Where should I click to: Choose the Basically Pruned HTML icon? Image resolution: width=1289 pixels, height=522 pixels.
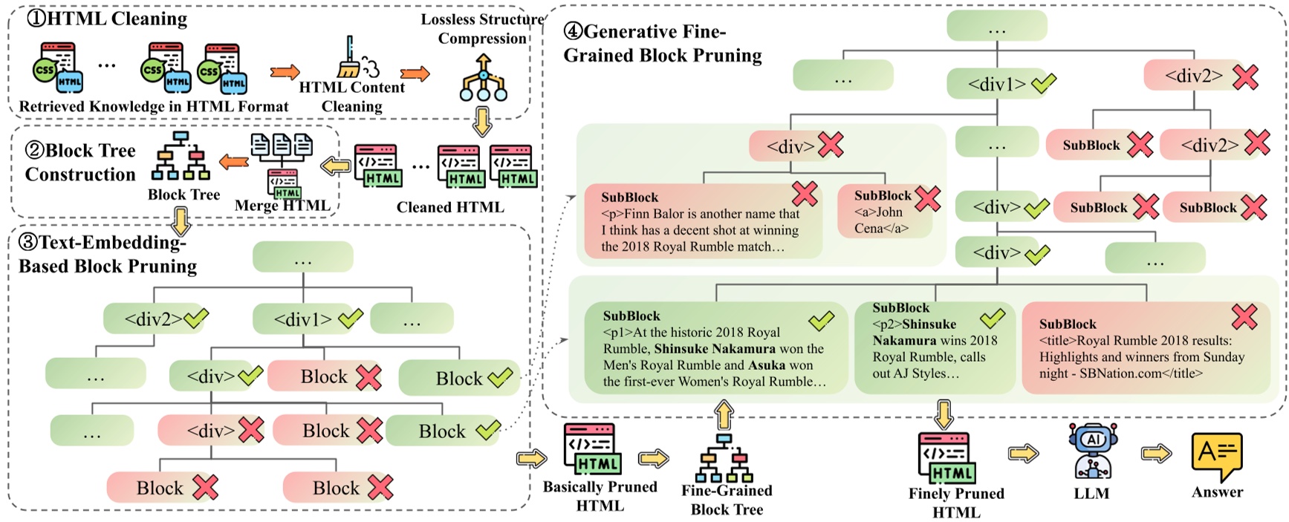592,448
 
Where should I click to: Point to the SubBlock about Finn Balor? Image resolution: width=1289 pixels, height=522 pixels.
702,221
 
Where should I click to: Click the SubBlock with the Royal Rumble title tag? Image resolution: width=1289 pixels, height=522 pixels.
1144,348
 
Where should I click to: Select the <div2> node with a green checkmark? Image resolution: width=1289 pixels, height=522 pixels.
155,319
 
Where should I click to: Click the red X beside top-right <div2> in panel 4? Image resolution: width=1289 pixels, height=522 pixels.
1245,76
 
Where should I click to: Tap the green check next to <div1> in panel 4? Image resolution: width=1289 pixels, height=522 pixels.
1044,83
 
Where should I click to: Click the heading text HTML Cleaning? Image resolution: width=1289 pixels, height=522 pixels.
117,18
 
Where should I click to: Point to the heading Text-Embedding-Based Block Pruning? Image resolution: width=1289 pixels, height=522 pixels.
108,254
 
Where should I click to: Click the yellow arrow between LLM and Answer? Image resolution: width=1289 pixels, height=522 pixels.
1156,453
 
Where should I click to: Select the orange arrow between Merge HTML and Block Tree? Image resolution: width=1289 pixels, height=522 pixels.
234,161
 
